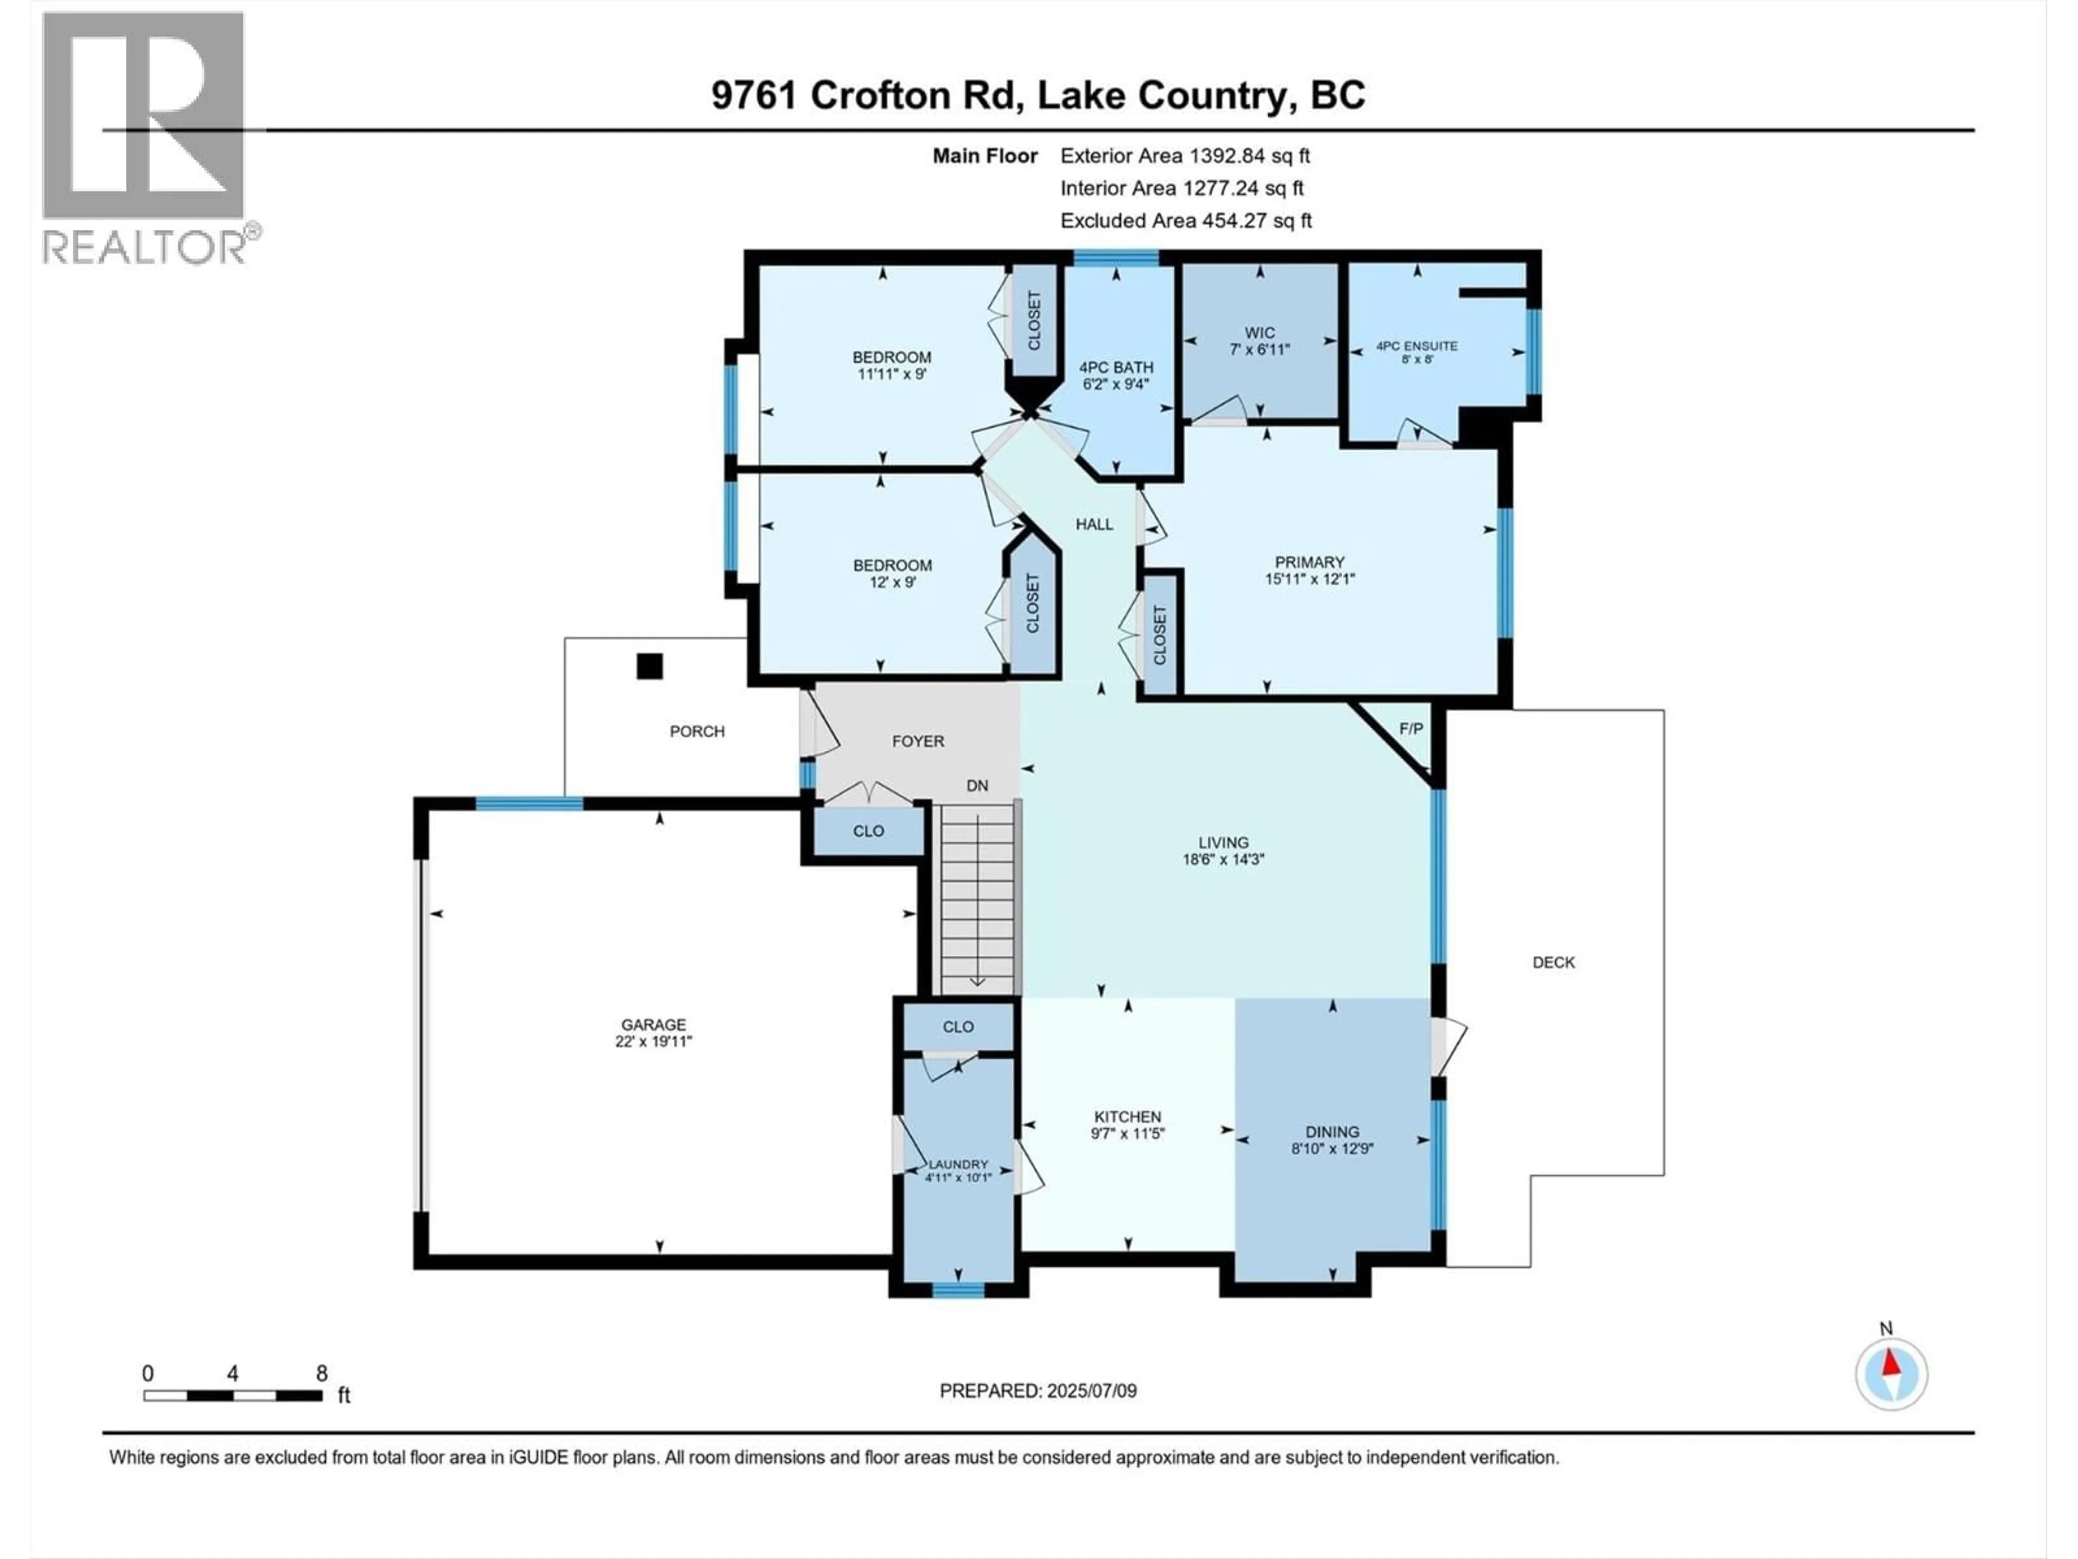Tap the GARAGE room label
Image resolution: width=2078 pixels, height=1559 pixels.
pyautogui.click(x=653, y=1024)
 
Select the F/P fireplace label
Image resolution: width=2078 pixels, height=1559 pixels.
pyautogui.click(x=1411, y=729)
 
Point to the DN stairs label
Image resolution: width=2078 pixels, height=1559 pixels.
pyautogui.click(x=977, y=785)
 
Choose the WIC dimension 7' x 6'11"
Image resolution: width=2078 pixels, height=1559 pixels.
pyautogui.click(x=1260, y=349)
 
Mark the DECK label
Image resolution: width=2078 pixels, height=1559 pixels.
pyautogui.click(x=1553, y=962)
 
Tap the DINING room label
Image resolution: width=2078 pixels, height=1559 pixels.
pyautogui.click(x=1332, y=1131)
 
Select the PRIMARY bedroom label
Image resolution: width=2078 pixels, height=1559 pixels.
pyautogui.click(x=1310, y=562)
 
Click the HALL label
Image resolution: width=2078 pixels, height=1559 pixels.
pyautogui.click(x=1094, y=525)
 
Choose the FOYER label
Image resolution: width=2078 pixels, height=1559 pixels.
pyautogui.click(x=918, y=742)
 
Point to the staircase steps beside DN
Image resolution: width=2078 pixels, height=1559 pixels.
pyautogui.click(x=977, y=902)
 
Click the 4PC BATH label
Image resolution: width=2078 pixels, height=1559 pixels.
pyautogui.click(x=1116, y=368)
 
